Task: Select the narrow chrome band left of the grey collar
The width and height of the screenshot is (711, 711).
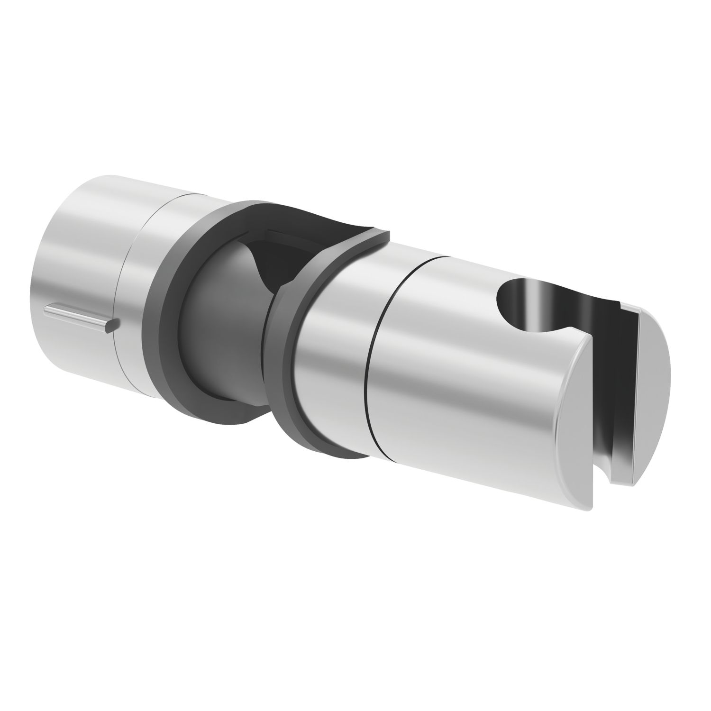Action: (137, 294)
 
